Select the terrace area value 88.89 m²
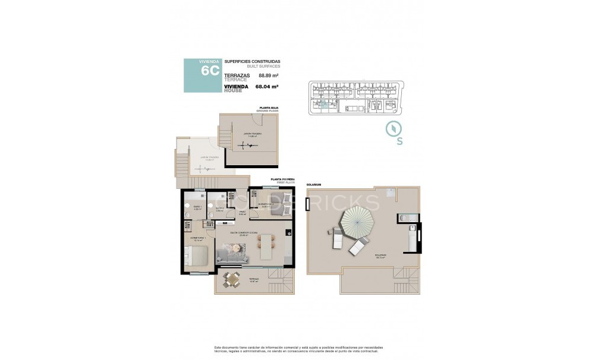[269, 75]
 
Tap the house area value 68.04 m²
[267, 87]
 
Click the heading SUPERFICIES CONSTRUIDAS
[252, 62]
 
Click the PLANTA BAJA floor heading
[267, 108]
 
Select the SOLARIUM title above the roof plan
[314, 185]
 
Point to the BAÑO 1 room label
[197, 207]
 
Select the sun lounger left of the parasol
[335, 239]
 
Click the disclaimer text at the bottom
[298, 350]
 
